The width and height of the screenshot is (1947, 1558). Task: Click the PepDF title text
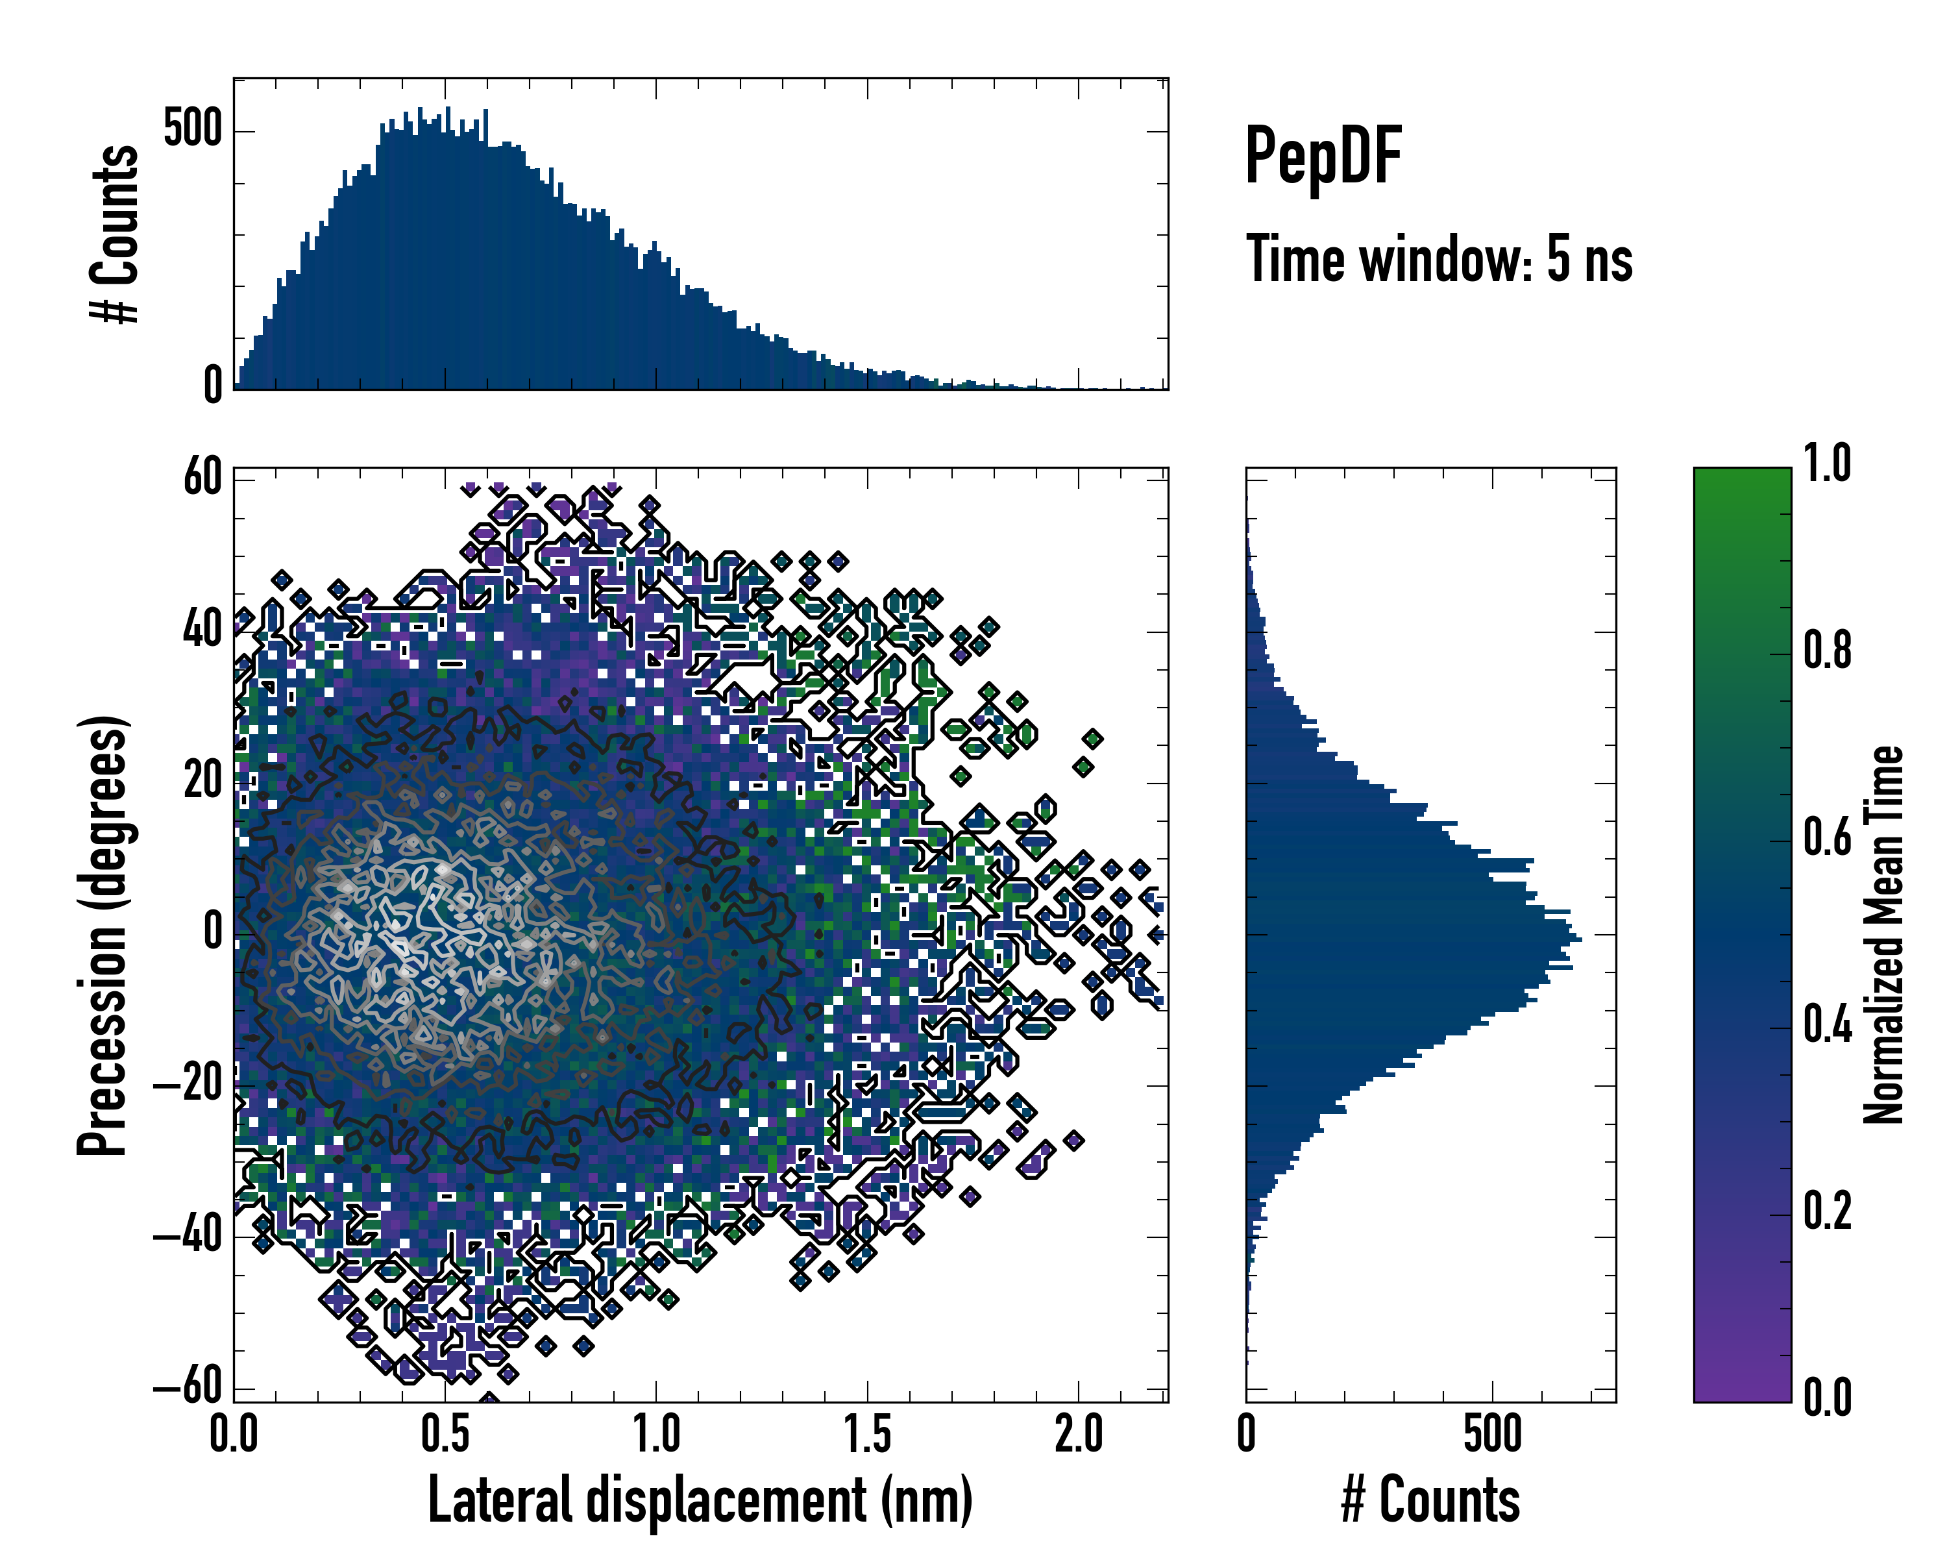[1322, 156]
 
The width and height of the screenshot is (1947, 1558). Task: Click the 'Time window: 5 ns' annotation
[1439, 259]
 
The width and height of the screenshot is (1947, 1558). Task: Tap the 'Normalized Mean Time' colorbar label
[1884, 935]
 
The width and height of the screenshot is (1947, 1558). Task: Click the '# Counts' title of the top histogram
[115, 234]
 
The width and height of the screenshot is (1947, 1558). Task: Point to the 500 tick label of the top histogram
[192, 129]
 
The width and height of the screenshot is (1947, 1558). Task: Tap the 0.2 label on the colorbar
[1827, 1211]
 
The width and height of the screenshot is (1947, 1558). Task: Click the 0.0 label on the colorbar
[1827, 1398]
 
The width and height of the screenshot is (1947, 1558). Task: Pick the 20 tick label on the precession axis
[202, 780]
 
